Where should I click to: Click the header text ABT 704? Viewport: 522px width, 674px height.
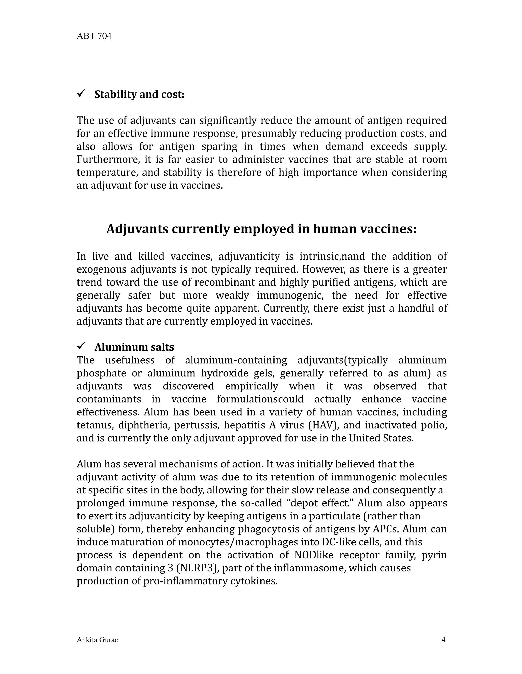click(94, 36)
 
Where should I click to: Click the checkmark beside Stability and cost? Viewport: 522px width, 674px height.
click(81, 93)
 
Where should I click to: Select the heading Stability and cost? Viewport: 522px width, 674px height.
click(139, 95)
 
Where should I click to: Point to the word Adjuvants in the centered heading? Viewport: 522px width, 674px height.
click(137, 229)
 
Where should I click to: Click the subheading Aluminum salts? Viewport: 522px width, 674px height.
click(134, 347)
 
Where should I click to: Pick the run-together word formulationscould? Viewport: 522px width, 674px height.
click(260, 399)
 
